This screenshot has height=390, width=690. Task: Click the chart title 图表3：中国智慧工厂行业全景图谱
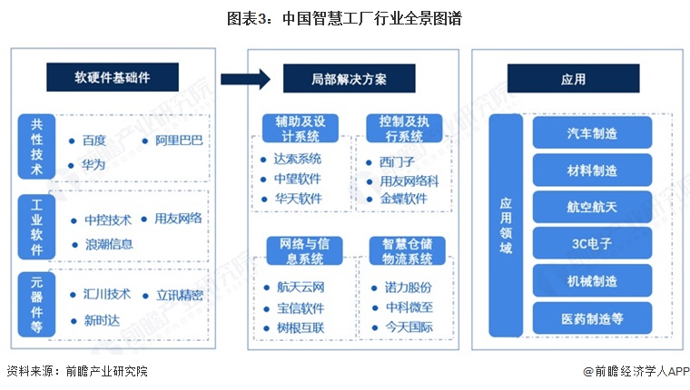click(345, 18)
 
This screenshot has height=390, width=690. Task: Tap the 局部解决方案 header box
click(348, 78)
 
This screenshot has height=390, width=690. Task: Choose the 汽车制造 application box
click(592, 132)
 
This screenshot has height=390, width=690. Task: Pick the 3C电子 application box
click(592, 243)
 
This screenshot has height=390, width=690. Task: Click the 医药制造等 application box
click(592, 317)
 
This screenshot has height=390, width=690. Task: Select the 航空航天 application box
click(592, 207)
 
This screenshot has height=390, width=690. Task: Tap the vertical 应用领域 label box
click(506, 226)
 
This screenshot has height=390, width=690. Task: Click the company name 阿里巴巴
click(179, 141)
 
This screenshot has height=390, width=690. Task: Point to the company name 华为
click(94, 165)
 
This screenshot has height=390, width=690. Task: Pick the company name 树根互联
click(301, 327)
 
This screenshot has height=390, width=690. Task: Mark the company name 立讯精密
click(179, 295)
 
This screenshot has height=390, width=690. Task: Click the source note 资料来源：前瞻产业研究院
click(76, 371)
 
